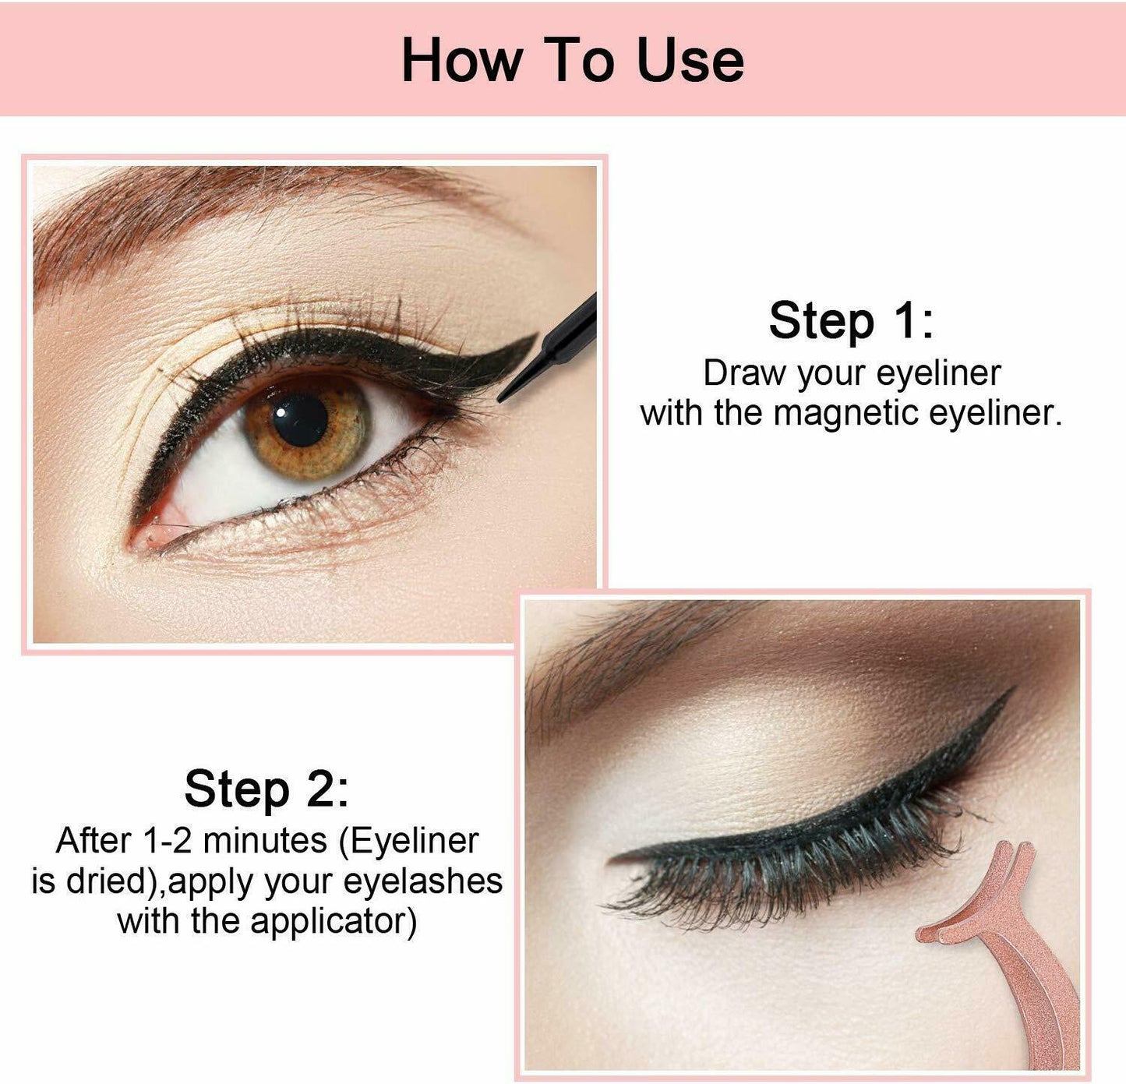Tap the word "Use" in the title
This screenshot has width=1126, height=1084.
click(x=690, y=60)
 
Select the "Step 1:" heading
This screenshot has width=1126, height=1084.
click(x=851, y=320)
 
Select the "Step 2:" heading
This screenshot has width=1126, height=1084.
click(x=266, y=789)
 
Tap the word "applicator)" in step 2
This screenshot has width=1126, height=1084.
click(x=333, y=921)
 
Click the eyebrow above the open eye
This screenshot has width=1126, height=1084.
click(x=195, y=210)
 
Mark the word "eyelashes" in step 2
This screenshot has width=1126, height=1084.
click(x=422, y=881)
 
